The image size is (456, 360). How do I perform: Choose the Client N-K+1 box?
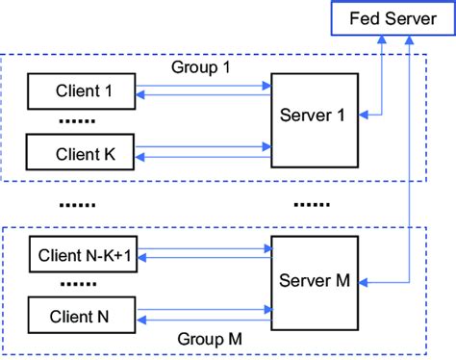coord(83,255)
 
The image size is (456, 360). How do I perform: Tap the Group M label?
coord(211,340)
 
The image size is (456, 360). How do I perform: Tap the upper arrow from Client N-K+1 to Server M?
coord(204,248)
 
